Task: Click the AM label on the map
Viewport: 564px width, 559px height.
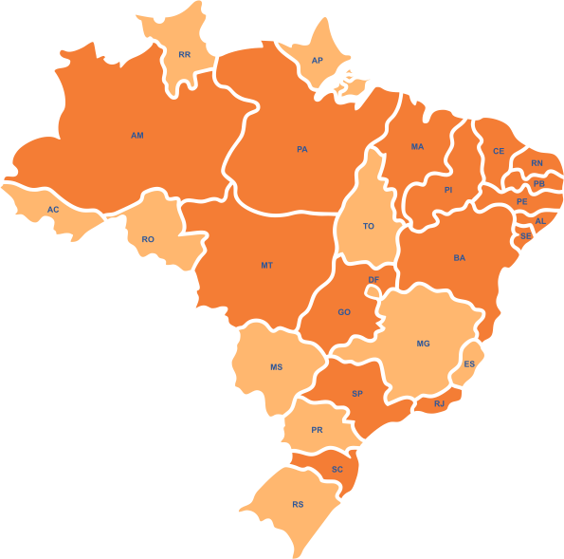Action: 137,136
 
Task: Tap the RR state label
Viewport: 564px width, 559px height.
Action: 185,55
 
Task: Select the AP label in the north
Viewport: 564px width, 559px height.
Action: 318,61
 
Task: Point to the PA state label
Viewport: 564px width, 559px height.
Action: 302,149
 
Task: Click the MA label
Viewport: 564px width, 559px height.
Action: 417,147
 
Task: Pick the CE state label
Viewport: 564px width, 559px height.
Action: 499,151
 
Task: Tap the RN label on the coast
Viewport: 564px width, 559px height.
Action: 537,163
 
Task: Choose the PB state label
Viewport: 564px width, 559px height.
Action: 538,183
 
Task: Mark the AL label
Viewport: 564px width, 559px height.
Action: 540,221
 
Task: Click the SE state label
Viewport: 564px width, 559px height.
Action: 525,235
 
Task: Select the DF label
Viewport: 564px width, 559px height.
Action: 373,280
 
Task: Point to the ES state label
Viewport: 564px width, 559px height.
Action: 469,364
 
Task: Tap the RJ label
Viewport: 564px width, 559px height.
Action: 439,403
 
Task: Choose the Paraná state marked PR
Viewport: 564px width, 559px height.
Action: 318,429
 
